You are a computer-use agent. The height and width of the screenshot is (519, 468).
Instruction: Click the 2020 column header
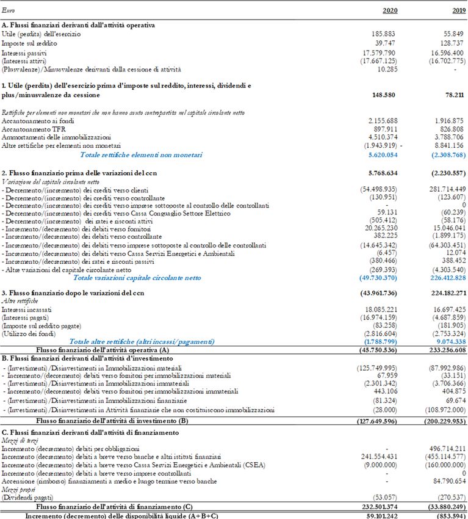tap(390, 10)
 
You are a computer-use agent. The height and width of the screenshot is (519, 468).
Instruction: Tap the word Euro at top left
tap(9, 10)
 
